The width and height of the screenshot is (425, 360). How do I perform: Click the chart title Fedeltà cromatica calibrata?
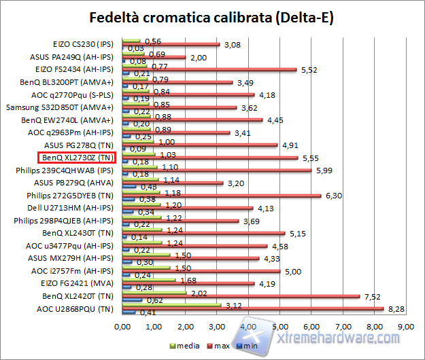(212, 17)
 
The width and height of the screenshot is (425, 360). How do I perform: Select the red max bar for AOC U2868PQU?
(252, 308)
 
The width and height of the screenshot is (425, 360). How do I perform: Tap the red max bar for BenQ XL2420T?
(240, 296)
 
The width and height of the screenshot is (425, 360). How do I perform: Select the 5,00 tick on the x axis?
(280, 327)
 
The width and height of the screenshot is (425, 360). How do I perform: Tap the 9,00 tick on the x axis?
(405, 327)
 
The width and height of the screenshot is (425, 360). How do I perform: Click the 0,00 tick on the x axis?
(122, 327)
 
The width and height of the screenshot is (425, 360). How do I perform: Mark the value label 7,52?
(370, 296)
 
